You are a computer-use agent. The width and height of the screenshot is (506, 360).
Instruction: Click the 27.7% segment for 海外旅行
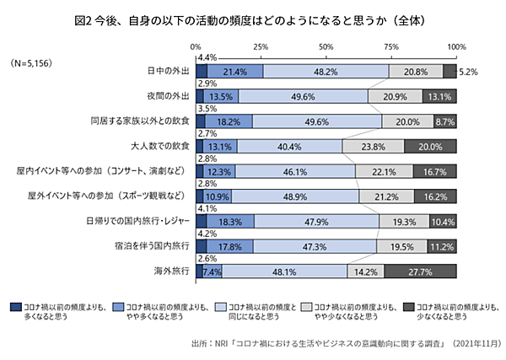[x=420, y=272]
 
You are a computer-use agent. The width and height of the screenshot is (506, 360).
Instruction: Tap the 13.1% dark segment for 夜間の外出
[x=439, y=97]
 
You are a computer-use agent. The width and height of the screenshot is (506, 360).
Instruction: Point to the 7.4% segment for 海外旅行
[x=211, y=272]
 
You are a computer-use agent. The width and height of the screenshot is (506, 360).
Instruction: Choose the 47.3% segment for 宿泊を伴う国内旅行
[x=315, y=247]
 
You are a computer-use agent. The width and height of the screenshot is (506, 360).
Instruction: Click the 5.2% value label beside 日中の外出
[x=470, y=73]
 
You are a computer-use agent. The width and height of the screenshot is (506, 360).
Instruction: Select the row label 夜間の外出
[x=167, y=97]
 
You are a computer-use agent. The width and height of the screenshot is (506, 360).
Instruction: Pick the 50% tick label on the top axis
[x=326, y=46]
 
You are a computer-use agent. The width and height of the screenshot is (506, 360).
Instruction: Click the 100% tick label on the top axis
[x=456, y=46]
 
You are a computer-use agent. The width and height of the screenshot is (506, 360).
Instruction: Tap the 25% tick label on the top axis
[x=261, y=46]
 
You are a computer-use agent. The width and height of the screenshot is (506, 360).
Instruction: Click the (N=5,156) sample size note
[x=32, y=62]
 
